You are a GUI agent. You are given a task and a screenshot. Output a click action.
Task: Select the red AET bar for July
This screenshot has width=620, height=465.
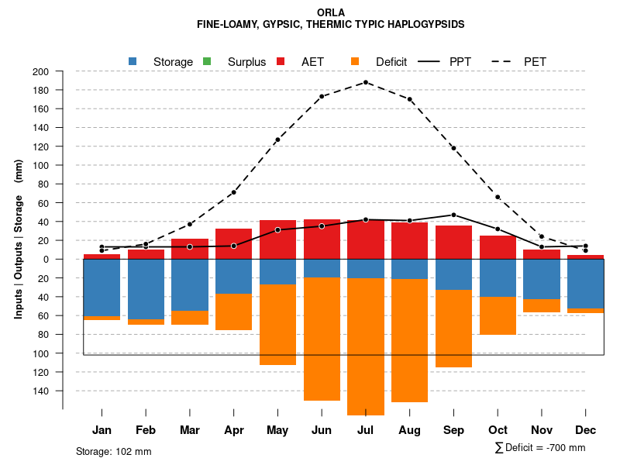pyautogui.click(x=365, y=239)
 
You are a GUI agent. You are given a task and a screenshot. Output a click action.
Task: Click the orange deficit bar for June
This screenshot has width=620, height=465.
pyautogui.click(x=322, y=339)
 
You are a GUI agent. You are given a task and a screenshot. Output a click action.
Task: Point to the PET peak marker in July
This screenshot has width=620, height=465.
pyautogui.click(x=365, y=82)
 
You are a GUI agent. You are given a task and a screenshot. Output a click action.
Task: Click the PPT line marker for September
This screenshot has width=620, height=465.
pyautogui.click(x=453, y=215)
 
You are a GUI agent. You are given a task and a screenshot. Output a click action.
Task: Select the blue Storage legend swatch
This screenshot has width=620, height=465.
pyautogui.click(x=133, y=62)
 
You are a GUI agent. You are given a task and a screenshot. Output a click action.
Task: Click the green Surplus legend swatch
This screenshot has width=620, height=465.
pyautogui.click(x=207, y=62)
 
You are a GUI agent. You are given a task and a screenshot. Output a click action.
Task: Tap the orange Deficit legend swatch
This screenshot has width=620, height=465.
pyautogui.click(x=356, y=62)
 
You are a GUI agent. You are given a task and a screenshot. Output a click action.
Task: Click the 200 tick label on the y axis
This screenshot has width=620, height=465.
pyautogui.click(x=41, y=72)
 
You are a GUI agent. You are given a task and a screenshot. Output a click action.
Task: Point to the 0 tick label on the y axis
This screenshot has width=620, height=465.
pyautogui.click(x=46, y=260)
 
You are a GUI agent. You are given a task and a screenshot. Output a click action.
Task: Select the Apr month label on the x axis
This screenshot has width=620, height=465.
pyautogui.click(x=234, y=430)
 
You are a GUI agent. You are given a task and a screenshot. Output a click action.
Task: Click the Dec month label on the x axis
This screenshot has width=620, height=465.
pyautogui.click(x=585, y=430)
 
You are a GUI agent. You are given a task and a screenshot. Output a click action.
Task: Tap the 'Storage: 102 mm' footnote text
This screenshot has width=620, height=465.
pyautogui.click(x=114, y=451)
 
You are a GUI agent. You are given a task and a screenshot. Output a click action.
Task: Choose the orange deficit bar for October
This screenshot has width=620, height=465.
pyautogui.click(x=498, y=315)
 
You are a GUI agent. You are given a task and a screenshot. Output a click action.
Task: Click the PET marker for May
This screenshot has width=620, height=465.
pyautogui.click(x=277, y=139)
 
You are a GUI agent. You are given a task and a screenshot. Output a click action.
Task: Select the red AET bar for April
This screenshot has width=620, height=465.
pyautogui.click(x=234, y=244)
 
